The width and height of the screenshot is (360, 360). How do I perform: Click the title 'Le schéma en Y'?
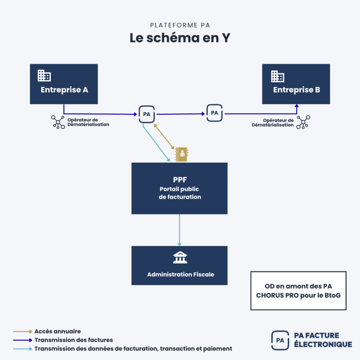pos(180,38)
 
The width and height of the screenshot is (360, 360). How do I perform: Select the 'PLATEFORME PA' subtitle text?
pos(180,25)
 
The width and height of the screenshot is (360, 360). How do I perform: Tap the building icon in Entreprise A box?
pos(44,75)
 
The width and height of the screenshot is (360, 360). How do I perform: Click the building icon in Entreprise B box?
pos(277,76)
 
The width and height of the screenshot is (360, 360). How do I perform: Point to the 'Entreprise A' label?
pos(64,90)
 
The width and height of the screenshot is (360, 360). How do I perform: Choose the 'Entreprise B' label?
pos(297,90)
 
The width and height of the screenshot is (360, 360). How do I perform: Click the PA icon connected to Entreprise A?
pos(147,114)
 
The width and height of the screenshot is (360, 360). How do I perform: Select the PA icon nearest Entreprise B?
pos(214,113)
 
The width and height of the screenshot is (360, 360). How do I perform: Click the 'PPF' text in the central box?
pos(180,180)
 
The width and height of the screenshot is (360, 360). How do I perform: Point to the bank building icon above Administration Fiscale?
pos(180,257)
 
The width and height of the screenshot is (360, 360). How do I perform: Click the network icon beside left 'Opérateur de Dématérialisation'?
pos(58,122)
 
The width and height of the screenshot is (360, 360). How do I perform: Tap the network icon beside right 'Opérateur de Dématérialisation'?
pos(303,122)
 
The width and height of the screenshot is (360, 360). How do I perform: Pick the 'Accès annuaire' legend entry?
pos(58,331)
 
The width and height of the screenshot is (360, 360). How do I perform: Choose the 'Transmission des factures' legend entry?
pos(74,340)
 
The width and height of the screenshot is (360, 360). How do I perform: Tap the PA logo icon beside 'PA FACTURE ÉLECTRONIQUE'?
pos(280,340)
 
